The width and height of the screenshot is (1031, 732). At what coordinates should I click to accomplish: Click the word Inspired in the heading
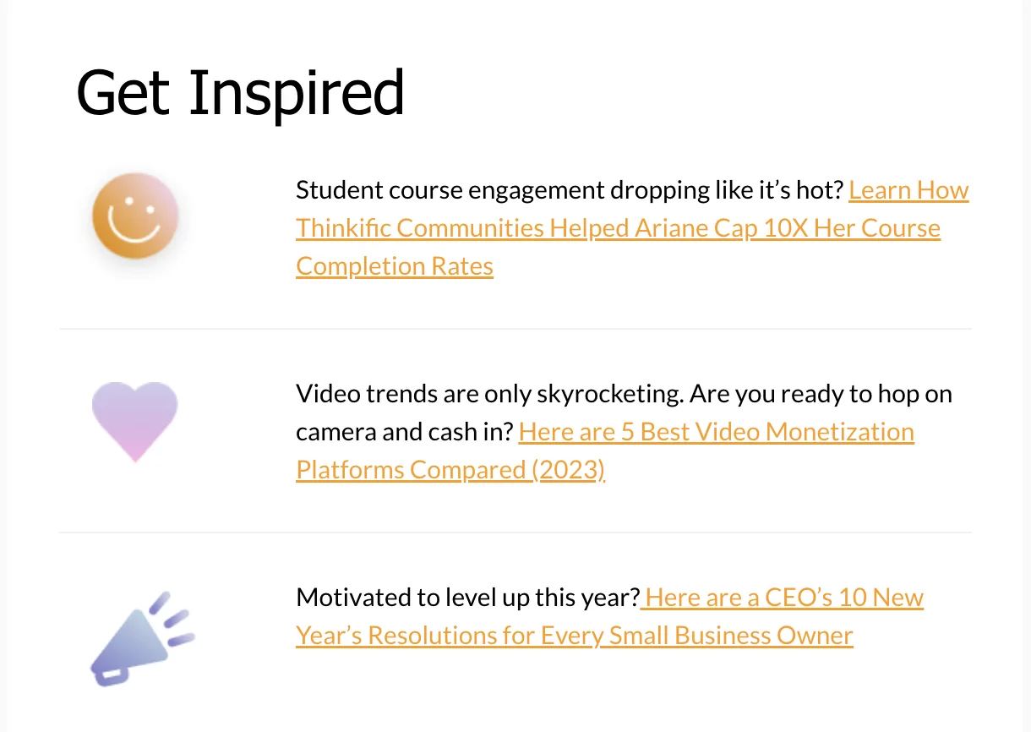[x=297, y=96]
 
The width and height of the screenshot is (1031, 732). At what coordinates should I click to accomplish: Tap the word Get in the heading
[x=123, y=92]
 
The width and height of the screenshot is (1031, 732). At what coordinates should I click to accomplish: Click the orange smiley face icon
[x=135, y=216]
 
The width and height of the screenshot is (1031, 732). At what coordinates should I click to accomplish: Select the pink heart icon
[x=135, y=421]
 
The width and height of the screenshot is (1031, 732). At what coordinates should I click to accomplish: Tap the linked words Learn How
[x=908, y=189]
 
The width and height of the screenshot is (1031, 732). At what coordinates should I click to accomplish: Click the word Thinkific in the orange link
[x=343, y=228]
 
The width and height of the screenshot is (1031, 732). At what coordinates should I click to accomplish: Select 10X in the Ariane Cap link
[x=786, y=228]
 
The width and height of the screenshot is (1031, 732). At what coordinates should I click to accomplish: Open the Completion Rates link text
[x=395, y=266]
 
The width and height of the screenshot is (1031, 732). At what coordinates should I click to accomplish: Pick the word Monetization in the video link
[x=839, y=432]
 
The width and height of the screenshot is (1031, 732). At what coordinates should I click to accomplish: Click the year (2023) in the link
[x=569, y=470]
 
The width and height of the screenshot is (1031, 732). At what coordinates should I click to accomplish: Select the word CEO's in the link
[x=799, y=598]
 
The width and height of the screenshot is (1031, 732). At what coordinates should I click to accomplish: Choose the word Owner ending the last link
[x=815, y=636]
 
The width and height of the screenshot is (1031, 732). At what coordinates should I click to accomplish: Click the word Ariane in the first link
[x=671, y=228]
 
